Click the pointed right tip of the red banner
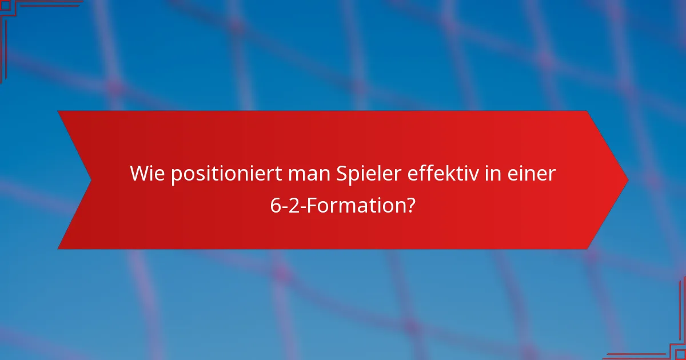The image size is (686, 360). pos(627,180)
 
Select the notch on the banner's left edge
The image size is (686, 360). pos(90,180)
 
